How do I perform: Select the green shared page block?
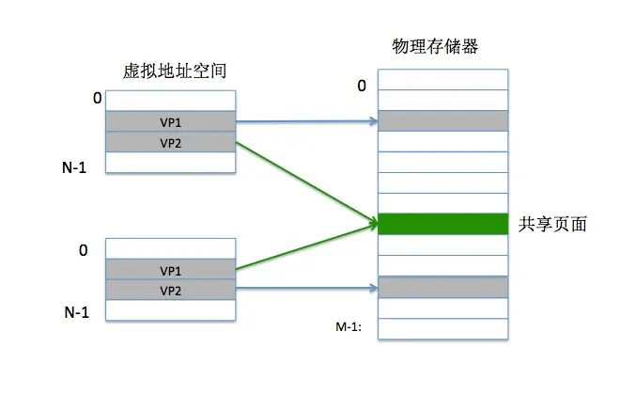(x=442, y=224)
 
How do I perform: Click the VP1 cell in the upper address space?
(x=170, y=121)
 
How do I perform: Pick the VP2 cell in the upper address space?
(x=170, y=142)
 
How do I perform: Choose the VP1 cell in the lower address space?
(x=170, y=270)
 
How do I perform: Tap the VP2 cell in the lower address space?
(x=170, y=291)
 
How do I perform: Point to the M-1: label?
(x=349, y=326)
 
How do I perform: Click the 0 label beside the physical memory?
(x=362, y=87)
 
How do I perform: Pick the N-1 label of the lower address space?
(x=75, y=312)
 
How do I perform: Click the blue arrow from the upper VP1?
(x=305, y=121)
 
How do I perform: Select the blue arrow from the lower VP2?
(x=305, y=289)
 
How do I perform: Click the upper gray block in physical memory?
(x=442, y=120)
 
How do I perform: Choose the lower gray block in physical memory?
(x=442, y=287)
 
